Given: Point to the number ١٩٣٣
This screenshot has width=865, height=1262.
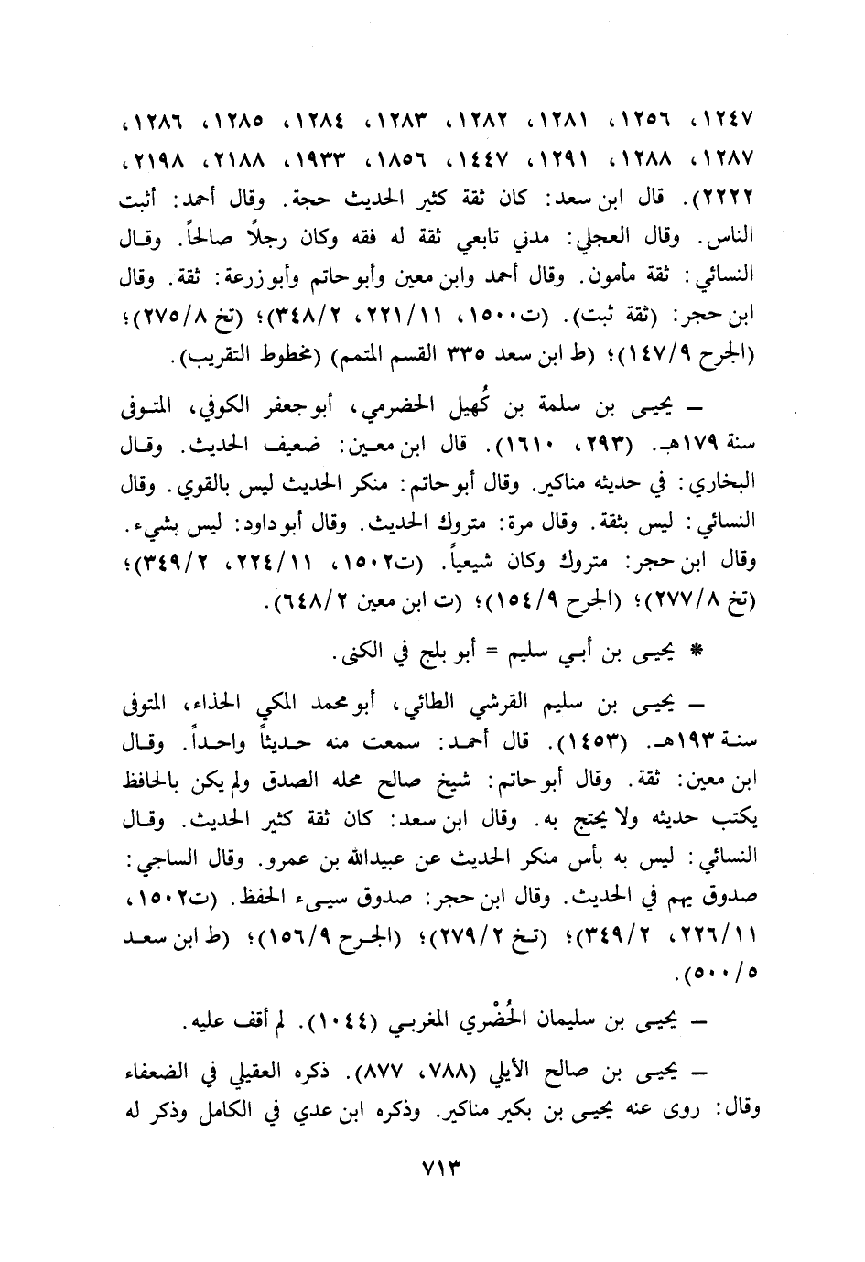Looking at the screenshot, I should click(x=311, y=159).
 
